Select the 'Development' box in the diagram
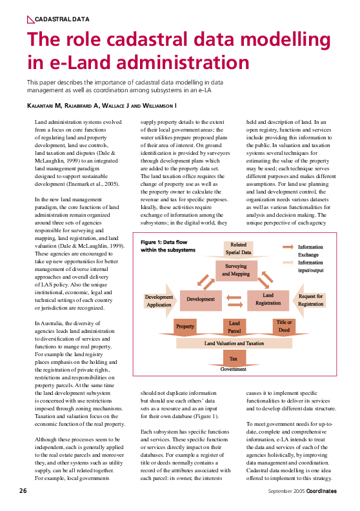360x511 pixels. tap(201, 299)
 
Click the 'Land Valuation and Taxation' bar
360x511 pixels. tap(234, 343)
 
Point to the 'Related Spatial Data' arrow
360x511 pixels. tap(239, 248)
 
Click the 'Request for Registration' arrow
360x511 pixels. tap(310, 300)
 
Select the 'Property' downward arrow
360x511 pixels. tap(185, 327)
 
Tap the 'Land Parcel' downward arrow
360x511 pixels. tap(234, 327)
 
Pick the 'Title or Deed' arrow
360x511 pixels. tap(284, 326)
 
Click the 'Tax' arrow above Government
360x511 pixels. tap(234, 357)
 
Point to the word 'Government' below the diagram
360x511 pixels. tap(234, 369)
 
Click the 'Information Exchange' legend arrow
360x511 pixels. tap(287, 246)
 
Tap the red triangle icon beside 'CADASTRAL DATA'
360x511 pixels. tap(30, 20)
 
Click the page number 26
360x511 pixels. tap(23, 491)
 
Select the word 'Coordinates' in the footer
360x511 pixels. tap(321, 491)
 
